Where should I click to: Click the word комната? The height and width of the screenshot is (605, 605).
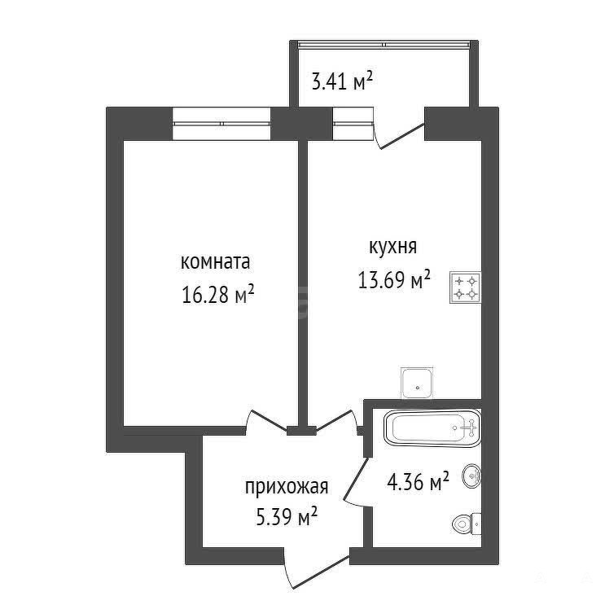tap(215, 262)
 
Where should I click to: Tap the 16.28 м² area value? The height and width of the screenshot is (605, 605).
tap(217, 295)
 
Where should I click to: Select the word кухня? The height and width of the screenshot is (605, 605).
tap(393, 247)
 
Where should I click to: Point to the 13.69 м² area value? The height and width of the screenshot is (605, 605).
tap(394, 279)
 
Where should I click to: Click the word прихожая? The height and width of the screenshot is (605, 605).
tap(287, 488)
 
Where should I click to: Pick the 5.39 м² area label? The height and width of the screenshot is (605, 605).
tap(287, 516)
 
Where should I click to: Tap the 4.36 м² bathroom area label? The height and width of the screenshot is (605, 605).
tap(419, 481)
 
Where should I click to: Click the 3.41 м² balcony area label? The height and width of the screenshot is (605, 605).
tap(342, 81)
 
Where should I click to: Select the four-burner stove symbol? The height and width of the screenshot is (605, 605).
tap(465, 287)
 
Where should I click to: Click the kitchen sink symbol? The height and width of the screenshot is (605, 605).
tap(417, 383)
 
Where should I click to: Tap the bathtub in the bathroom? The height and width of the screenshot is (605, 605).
tap(432, 427)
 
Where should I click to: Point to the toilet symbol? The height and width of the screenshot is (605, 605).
tap(467, 524)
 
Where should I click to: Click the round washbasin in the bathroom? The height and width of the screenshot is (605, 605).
tap(472, 476)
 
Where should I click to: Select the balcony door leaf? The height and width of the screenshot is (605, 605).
tap(402, 136)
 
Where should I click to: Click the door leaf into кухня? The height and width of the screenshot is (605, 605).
tap(335, 420)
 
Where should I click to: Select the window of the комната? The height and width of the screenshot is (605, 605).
tap(221, 124)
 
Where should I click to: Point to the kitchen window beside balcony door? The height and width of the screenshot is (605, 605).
tap(353, 124)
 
